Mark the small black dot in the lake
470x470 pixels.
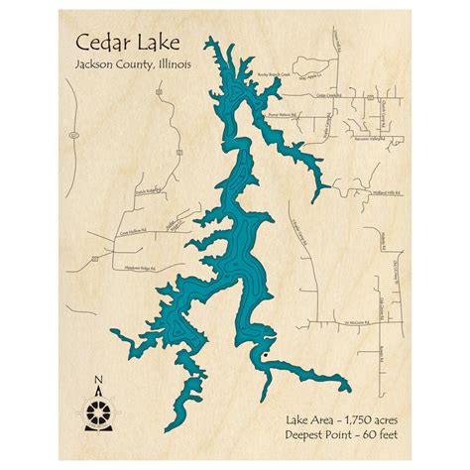(x=263, y=351)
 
